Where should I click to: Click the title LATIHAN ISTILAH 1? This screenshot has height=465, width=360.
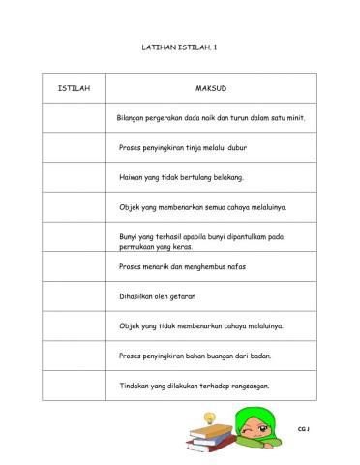(180, 46)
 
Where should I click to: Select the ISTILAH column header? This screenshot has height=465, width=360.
(75, 88)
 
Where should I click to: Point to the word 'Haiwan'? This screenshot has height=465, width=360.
(131, 178)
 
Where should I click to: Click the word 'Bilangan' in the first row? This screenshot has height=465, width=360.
(134, 118)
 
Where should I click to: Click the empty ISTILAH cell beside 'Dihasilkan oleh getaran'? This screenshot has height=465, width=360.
(75, 295)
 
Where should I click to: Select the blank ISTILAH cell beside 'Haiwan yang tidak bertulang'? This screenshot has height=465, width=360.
(75, 178)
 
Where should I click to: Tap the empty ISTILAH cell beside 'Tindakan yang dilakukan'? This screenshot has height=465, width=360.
(75, 385)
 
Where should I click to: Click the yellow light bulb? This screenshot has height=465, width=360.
(208, 418)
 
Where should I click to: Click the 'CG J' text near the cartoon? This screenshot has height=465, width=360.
(307, 427)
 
